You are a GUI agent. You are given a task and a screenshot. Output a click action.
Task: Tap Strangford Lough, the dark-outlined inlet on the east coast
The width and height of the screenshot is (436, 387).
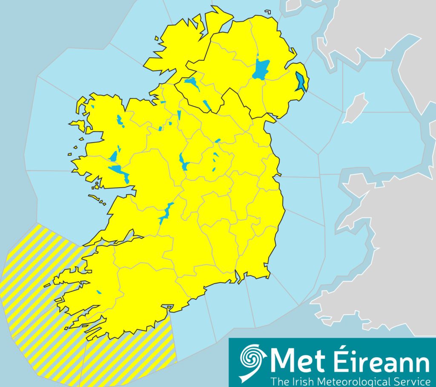click(301, 81)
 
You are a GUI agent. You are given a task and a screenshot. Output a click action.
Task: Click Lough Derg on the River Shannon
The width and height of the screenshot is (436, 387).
click(165, 214)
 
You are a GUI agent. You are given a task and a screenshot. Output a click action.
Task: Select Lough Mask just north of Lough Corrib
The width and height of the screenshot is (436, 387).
click(114, 156)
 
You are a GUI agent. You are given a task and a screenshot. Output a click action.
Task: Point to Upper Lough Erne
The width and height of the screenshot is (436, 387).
click(207, 104)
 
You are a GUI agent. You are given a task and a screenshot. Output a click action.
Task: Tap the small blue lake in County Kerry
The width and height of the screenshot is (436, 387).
click(99, 292)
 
